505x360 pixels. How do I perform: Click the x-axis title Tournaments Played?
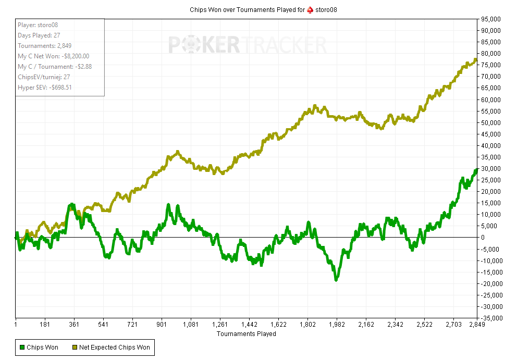tap(246, 334)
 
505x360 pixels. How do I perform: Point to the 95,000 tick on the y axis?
tap(491, 19)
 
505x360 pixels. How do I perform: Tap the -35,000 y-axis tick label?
tap(490, 318)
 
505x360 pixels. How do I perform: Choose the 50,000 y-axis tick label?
tap(491, 122)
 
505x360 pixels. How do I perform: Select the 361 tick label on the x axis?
tap(74, 325)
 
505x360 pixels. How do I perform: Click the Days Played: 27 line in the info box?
tap(39, 35)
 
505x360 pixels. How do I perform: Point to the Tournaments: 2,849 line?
tap(44, 46)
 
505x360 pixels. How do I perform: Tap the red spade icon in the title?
tap(310, 10)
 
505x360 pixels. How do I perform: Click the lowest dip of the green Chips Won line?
tap(336, 280)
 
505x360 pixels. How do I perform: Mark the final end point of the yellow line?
tap(476, 59)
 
